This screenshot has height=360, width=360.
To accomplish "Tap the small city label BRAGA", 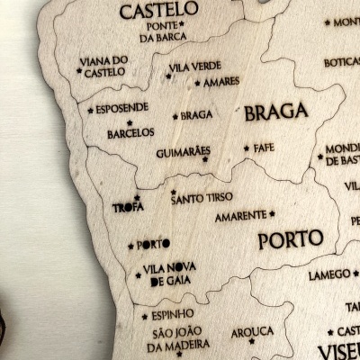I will pos(196,115).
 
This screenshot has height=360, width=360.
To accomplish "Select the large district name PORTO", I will pos(290,240).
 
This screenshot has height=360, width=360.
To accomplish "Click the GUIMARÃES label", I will pos(183,152).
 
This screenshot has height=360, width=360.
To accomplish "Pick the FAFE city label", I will pos(264,148).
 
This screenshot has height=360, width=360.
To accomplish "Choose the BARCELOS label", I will pos(130,132).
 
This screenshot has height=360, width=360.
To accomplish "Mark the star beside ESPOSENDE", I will pos(91,111).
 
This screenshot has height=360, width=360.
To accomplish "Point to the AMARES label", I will pos(221,82).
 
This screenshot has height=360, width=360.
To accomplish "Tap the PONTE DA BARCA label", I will pos(164,32).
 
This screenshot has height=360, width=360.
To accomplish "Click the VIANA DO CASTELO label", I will pos(104,66).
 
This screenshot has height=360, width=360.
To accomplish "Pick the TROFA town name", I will pos(128,207).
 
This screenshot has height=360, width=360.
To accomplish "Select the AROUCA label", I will pos(252,332).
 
